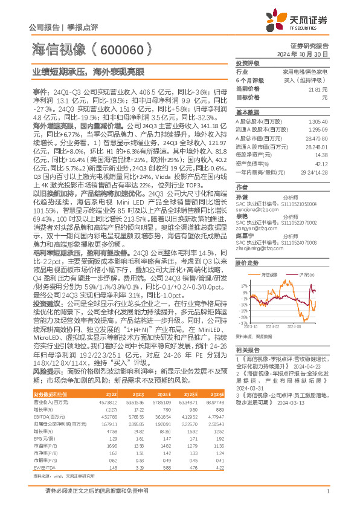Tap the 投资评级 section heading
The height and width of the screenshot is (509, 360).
tap(248, 63)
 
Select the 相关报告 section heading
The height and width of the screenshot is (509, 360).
tap(248, 350)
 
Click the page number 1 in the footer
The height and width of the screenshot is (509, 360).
tap(327, 490)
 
